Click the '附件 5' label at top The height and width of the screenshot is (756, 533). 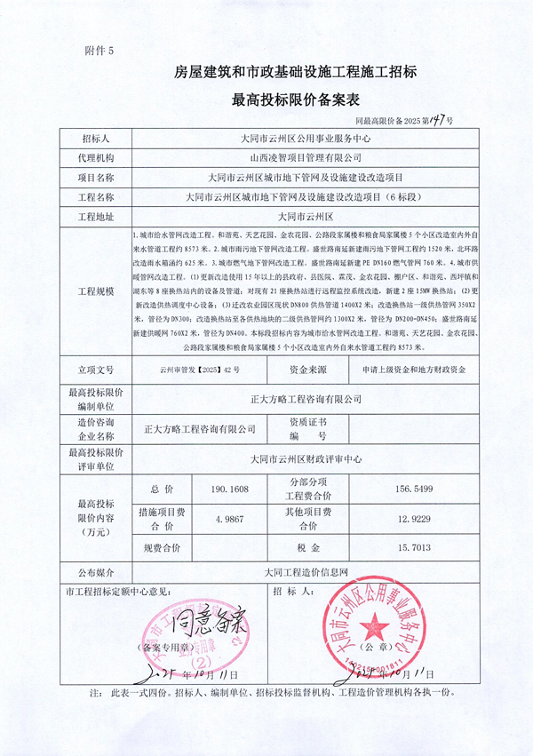(99, 51)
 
